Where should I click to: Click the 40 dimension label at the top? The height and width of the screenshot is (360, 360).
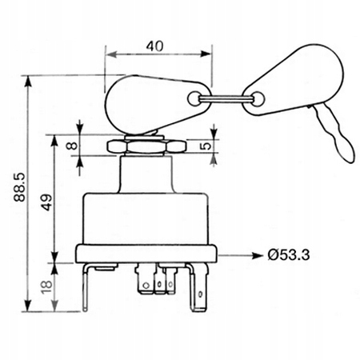click(x=154, y=46)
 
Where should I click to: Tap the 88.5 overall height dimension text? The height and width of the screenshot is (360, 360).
click(x=19, y=187)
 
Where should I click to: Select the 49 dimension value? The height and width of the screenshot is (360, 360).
click(x=47, y=202)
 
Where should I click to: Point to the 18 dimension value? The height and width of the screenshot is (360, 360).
click(x=47, y=286)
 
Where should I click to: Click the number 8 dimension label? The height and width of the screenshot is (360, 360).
click(x=72, y=146)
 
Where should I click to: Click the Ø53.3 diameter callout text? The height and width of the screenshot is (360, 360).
click(x=289, y=255)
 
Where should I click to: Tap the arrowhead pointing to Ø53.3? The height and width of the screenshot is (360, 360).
click(x=258, y=256)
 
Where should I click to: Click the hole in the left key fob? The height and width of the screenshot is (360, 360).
click(x=194, y=98)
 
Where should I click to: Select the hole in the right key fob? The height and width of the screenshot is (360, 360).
click(x=258, y=99)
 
